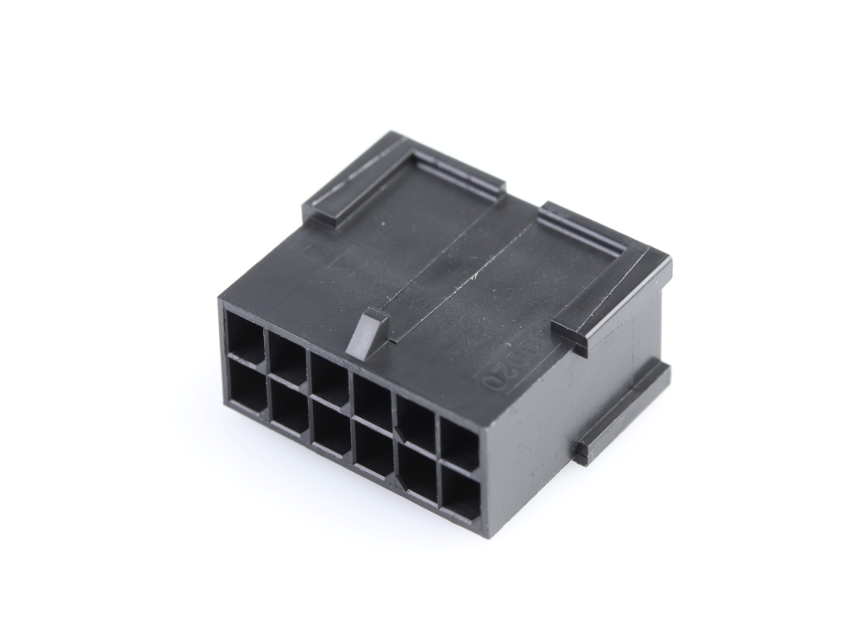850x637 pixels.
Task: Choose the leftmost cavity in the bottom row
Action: [x=247, y=389]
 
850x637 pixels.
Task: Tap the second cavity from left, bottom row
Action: [x=289, y=411]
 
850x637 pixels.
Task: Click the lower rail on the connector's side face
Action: [x=623, y=411]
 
